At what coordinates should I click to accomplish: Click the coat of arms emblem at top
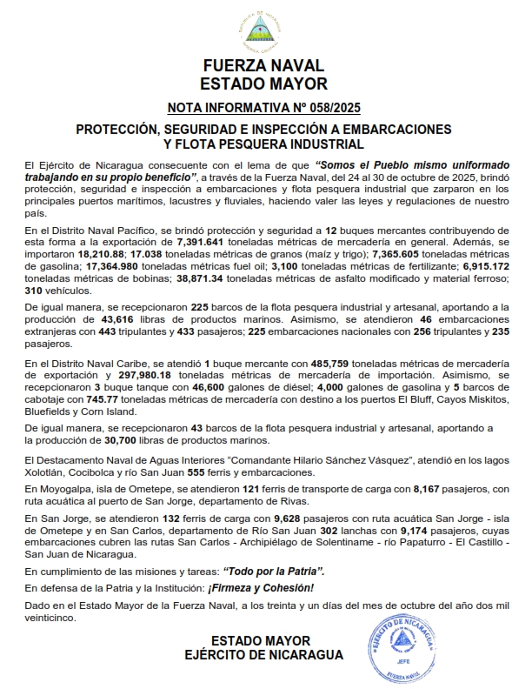click(265, 32)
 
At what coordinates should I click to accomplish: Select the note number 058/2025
click(331, 108)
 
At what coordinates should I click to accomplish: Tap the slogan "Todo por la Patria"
click(274, 571)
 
